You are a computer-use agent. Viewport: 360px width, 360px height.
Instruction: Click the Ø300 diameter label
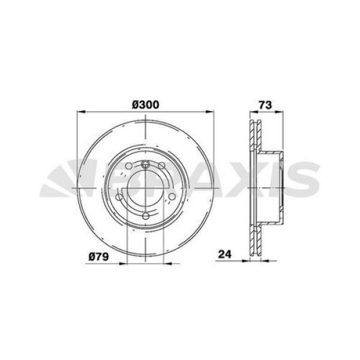pyautogui.click(x=146, y=104)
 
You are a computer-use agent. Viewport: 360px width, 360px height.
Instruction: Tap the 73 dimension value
pyautogui.click(x=265, y=104)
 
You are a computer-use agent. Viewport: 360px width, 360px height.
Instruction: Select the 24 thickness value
pyautogui.click(x=225, y=254)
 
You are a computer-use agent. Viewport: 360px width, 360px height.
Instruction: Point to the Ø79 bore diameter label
pyautogui.click(x=99, y=257)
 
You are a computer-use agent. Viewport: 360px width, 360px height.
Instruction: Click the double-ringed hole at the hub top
pyautogui.click(x=145, y=164)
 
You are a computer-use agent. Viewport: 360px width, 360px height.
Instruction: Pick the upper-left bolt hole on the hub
pyautogui.click(x=129, y=166)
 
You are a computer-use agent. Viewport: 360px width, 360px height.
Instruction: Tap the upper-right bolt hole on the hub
pyautogui.click(x=161, y=166)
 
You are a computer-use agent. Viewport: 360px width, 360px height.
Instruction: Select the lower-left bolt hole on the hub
pyautogui.click(x=119, y=197)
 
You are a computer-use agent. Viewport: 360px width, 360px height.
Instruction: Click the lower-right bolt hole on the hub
pyautogui.click(x=172, y=197)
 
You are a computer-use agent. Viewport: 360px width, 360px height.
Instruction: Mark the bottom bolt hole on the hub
pyautogui.click(x=146, y=216)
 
